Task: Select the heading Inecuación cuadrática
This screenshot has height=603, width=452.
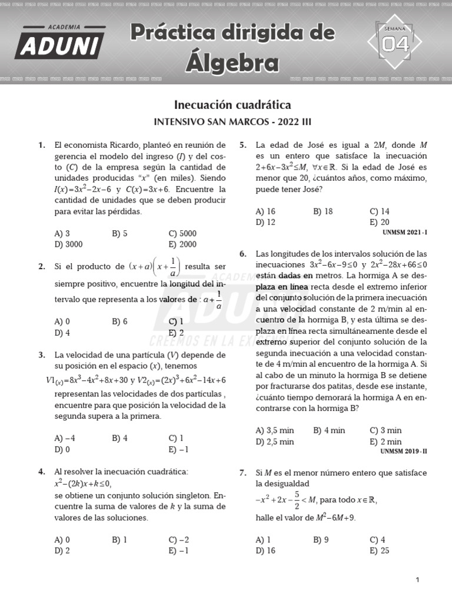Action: (x=232, y=105)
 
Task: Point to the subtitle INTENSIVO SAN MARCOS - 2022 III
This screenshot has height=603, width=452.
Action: (x=232, y=122)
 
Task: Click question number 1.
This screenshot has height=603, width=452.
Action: (x=42, y=145)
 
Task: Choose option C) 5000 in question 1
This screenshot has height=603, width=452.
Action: (x=182, y=233)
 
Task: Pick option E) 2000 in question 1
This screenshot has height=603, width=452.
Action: (x=182, y=244)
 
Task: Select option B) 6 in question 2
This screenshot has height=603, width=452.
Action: (x=119, y=322)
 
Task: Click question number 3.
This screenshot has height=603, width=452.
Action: (x=42, y=355)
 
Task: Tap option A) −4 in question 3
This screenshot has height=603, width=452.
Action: (x=65, y=438)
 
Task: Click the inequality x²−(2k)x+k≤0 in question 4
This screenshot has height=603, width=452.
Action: (x=83, y=483)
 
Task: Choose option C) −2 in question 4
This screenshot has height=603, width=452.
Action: (x=178, y=539)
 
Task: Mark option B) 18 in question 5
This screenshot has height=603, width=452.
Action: (x=323, y=211)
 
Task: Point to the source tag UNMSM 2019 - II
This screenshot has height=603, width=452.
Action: (x=404, y=452)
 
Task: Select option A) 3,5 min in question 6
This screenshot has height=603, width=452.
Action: (x=275, y=430)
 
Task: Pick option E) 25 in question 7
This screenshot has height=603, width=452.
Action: (x=380, y=551)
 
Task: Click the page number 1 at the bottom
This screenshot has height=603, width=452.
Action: (x=417, y=580)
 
